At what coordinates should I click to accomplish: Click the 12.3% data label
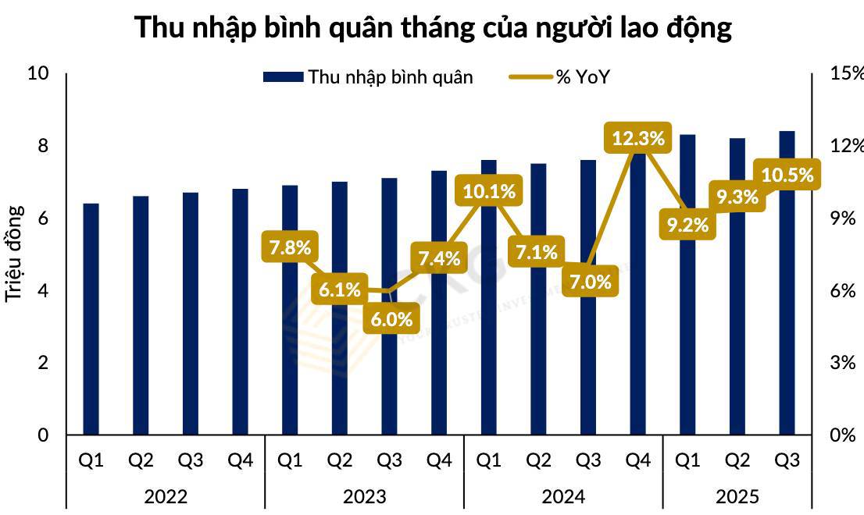638,139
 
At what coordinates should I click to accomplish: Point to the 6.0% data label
389,319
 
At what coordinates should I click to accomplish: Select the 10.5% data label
787,176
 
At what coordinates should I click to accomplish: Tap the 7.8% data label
290,248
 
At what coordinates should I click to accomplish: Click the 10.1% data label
489,190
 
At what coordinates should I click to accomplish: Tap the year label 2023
364,495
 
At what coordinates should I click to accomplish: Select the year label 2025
737,495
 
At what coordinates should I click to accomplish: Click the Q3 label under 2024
588,460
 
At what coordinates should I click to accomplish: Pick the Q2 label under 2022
141,460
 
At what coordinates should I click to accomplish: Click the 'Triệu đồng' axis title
14,254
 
